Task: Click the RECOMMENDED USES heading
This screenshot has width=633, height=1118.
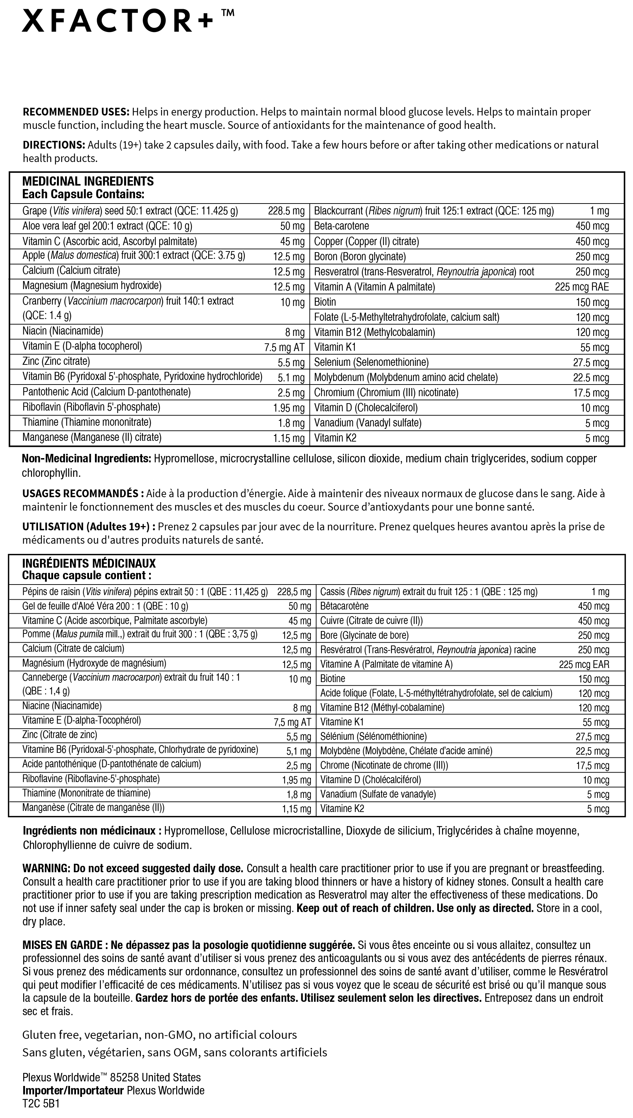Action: coord(76,112)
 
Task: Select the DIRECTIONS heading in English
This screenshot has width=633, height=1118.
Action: coord(53,145)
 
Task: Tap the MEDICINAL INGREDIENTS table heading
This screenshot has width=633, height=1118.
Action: coord(88,181)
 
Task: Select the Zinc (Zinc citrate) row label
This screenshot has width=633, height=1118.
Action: coord(56,362)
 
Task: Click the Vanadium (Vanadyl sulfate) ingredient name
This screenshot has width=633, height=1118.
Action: coord(367,423)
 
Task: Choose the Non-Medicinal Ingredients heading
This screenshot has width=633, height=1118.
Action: coord(86,459)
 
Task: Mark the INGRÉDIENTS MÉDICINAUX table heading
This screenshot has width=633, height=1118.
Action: coord(89,563)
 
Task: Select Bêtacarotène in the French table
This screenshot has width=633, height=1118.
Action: coord(344,606)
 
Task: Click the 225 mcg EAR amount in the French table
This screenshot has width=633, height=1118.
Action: coord(584,664)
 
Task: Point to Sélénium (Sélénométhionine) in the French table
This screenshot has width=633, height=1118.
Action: coord(373,736)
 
